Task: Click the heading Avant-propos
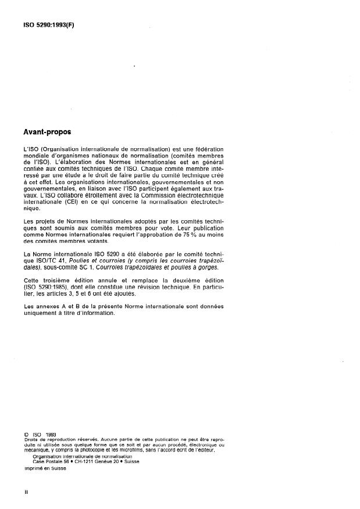47,132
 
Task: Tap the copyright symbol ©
26,433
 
